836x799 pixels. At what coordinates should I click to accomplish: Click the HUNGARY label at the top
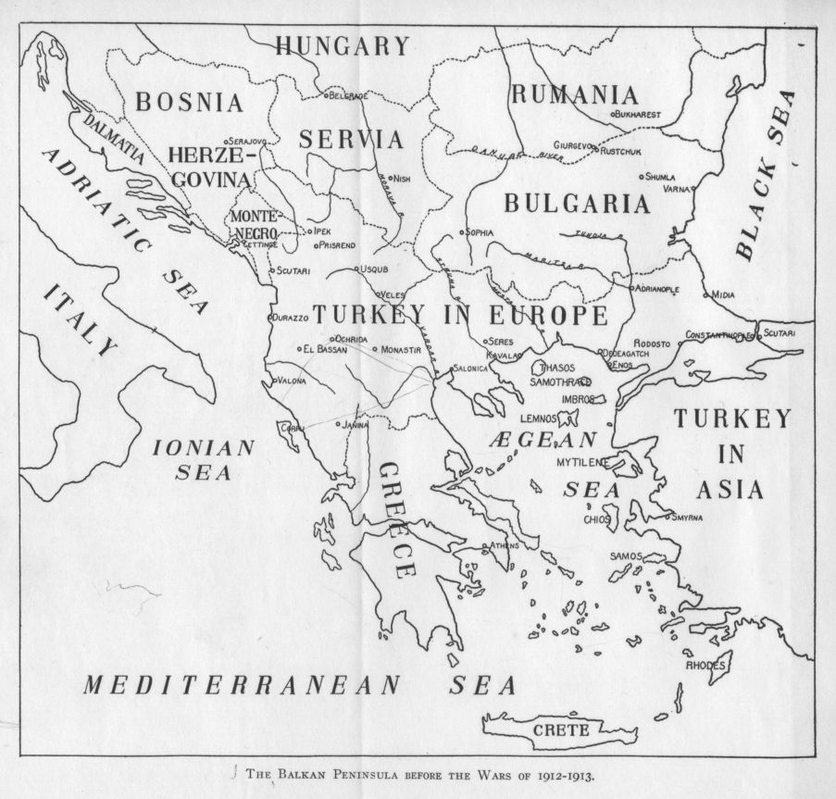point(342,46)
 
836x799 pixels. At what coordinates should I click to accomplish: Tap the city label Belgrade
point(350,95)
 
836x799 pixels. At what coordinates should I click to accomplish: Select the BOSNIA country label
point(190,102)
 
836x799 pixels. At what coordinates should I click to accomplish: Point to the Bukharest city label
point(639,114)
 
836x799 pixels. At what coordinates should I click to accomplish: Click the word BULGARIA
point(576,204)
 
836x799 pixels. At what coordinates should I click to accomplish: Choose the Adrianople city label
point(657,289)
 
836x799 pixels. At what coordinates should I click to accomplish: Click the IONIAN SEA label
point(203,458)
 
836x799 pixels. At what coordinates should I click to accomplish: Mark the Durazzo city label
point(291,318)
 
